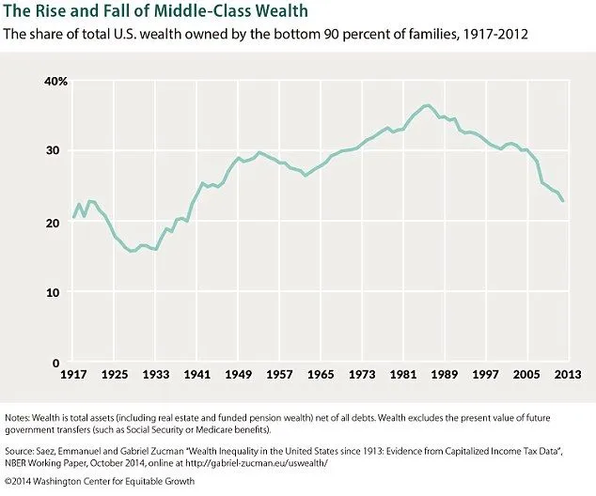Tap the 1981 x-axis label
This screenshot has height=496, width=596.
pos(403,376)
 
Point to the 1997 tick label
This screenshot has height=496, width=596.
pos(485,376)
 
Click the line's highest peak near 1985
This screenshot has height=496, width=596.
pos(428,105)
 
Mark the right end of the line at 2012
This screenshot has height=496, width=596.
pos(563,201)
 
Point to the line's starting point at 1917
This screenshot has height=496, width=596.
pos(73,218)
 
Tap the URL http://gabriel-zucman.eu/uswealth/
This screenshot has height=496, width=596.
pos(296,463)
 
